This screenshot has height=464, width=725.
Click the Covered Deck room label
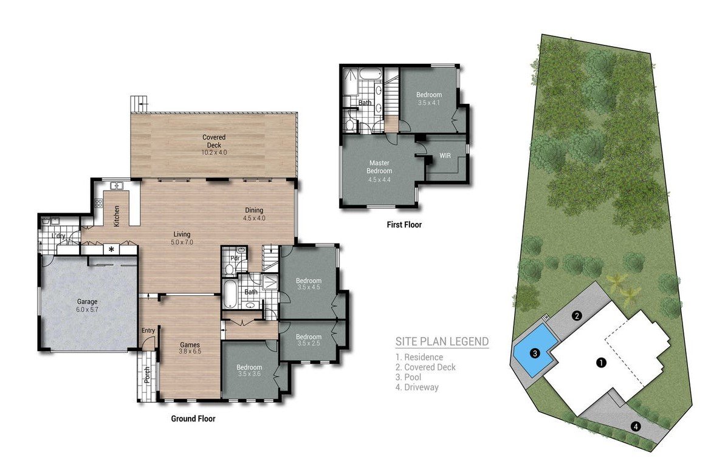[x=214, y=138]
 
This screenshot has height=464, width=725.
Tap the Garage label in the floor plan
[x=87, y=301]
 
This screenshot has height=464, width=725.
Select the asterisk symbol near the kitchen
[x=111, y=249]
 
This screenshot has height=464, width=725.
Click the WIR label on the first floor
[x=445, y=157]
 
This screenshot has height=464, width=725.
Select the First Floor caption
[x=404, y=225]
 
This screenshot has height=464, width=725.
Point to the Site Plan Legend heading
[x=442, y=342]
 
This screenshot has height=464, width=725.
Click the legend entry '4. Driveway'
[x=417, y=387]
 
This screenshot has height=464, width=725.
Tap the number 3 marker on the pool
[x=534, y=353]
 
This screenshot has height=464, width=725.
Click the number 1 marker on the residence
[x=601, y=363]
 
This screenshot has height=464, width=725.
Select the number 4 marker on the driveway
[x=635, y=426]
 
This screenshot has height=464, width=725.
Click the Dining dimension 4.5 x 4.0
[x=254, y=217]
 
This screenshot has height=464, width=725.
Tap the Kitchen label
[x=117, y=216]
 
